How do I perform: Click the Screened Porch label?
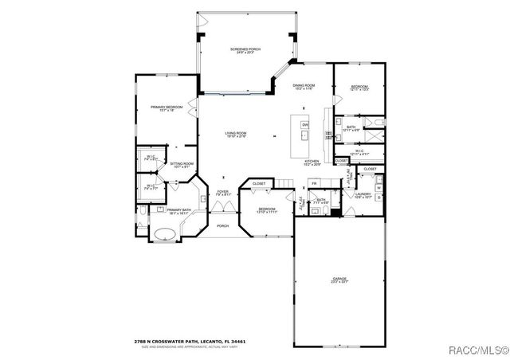tap(245, 51)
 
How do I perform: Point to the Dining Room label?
tap(304, 87)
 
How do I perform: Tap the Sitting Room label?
tap(182, 165)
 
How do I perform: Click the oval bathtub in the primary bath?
tap(164, 233)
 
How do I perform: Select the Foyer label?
tap(223, 193)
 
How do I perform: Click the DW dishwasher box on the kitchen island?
tap(304, 125)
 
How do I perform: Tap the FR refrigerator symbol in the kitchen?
tap(314, 183)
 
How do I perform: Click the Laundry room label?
tap(363, 194)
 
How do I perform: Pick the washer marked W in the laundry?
tap(379, 182)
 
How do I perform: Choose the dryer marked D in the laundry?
tap(379, 194)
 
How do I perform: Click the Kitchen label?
tap(312, 162)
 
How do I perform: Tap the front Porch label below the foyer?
tap(223, 225)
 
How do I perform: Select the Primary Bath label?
tap(177, 211)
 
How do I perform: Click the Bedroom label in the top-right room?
tap(359, 88)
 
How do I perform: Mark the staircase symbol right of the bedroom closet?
tap(284, 185)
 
